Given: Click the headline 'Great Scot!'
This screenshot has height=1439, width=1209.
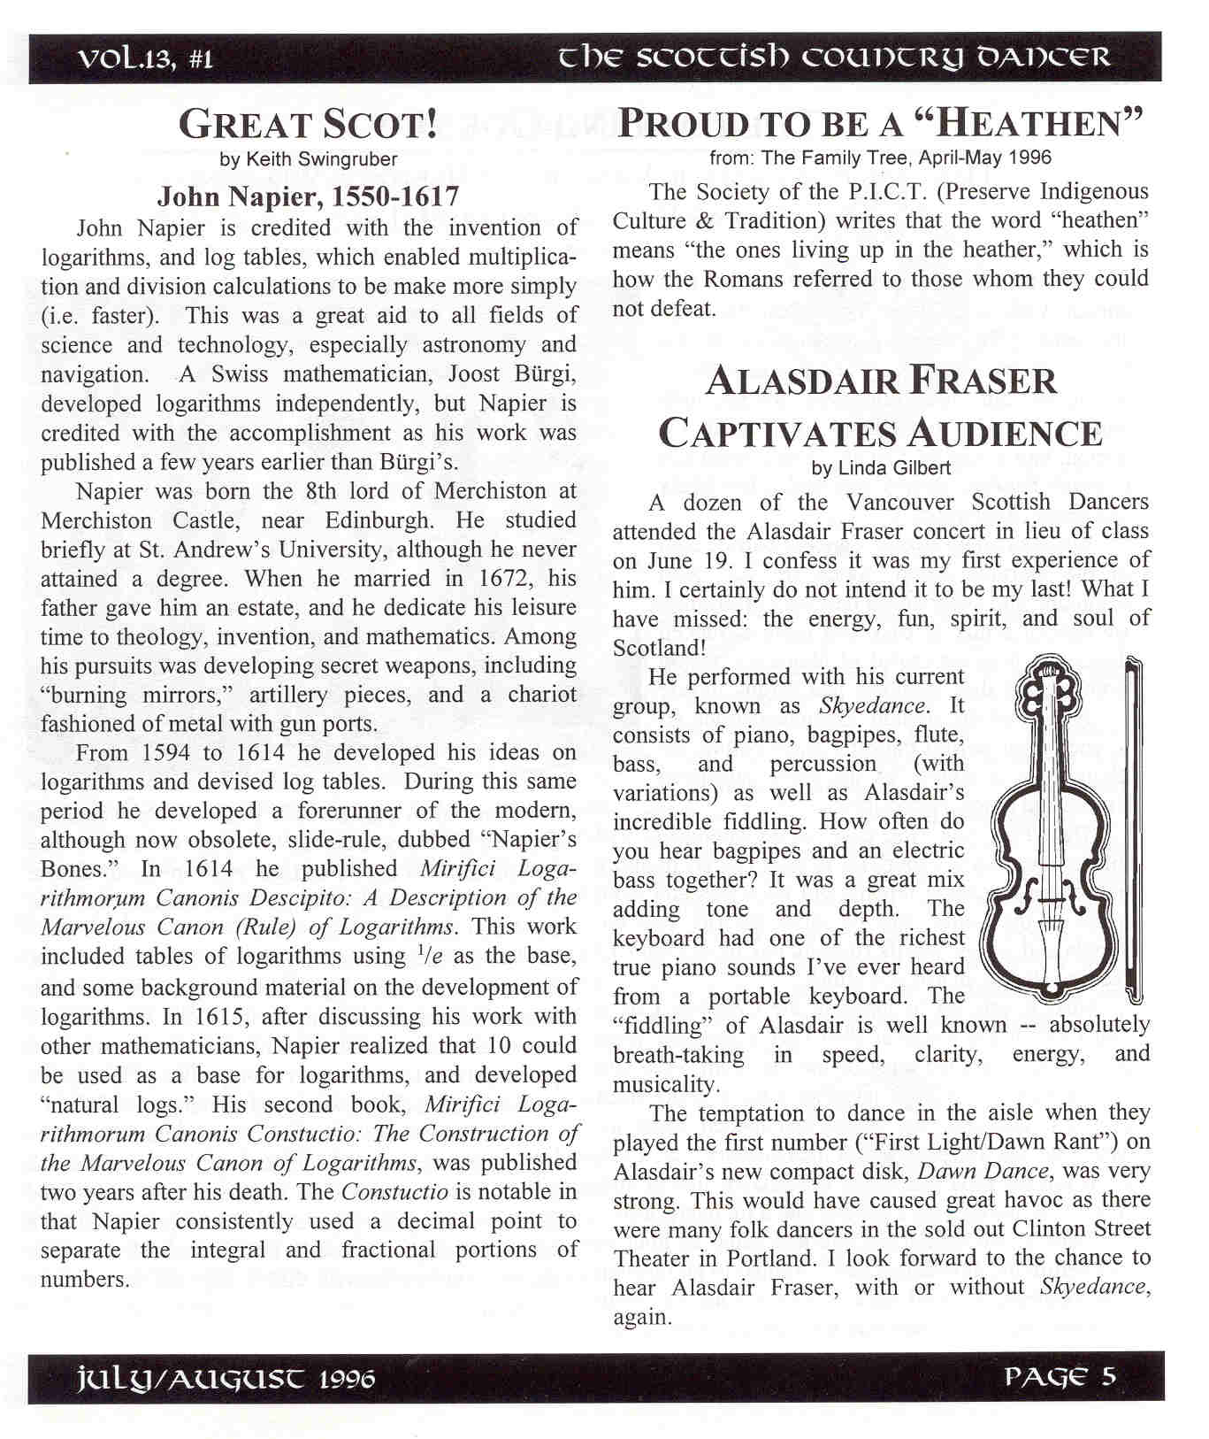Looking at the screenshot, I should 308,124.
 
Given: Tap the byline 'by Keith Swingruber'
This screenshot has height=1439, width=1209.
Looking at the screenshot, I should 308,159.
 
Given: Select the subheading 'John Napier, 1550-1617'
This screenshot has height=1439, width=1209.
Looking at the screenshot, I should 308,196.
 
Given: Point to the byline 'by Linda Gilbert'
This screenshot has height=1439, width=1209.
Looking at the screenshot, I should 881,468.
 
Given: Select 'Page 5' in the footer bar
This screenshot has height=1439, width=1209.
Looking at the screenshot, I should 1060,1377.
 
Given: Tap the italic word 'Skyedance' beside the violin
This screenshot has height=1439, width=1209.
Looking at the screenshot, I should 873,706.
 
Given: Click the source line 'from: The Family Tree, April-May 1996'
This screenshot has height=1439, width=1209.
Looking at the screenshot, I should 881,158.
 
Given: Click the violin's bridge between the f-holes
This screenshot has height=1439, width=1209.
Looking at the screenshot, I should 1050,902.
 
